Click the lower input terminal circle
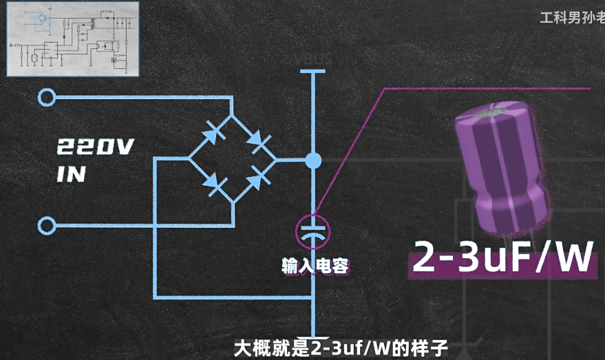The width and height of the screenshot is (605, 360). (x=47, y=225)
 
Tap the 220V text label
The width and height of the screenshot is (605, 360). (x=95, y=147)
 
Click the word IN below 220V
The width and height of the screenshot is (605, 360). (x=71, y=173)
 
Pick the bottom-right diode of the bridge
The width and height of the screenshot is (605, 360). (x=257, y=178)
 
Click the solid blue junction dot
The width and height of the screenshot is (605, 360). (x=313, y=160)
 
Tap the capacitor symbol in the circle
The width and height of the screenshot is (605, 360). (x=313, y=232)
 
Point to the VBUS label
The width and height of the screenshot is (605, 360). (x=313, y=59)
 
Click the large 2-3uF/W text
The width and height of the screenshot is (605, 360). (x=502, y=259)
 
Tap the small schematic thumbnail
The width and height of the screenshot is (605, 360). (x=72, y=39)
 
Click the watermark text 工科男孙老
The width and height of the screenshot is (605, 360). (x=571, y=18)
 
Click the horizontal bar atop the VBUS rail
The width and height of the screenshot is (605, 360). (x=313, y=70)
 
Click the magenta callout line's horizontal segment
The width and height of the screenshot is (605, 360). (x=486, y=88)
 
